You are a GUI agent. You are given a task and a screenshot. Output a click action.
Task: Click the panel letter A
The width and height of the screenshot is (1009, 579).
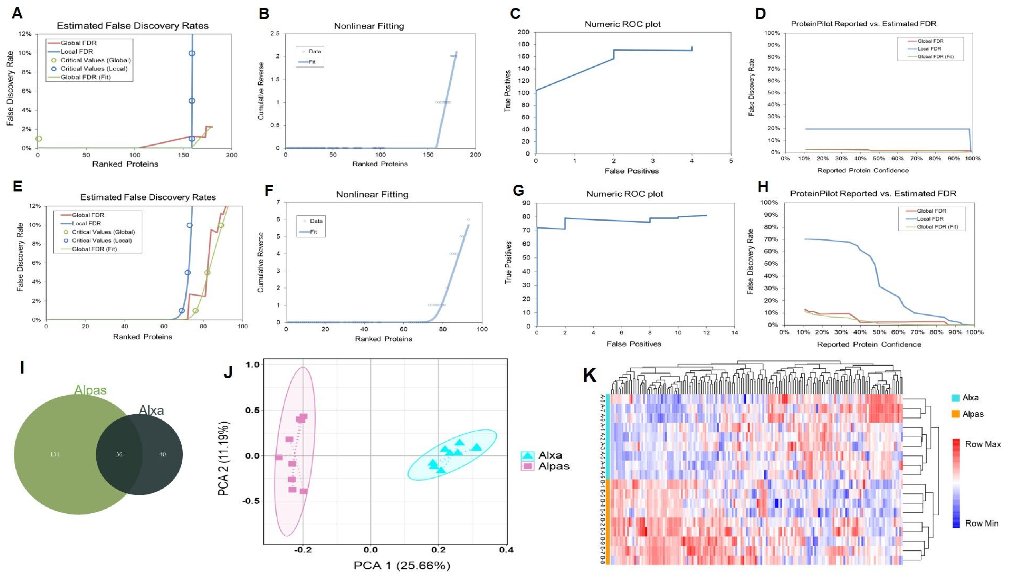(17, 13)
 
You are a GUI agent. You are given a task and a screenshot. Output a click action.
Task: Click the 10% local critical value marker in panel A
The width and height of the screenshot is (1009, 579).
(192, 53)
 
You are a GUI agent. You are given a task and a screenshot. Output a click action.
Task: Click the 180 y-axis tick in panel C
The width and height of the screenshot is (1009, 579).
(523, 44)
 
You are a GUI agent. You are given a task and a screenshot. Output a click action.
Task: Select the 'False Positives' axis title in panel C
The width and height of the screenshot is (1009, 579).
(631, 171)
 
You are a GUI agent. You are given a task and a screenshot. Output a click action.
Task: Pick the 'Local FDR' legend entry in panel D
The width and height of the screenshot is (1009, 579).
(929, 49)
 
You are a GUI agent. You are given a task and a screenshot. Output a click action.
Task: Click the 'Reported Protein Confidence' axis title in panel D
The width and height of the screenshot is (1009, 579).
(863, 170)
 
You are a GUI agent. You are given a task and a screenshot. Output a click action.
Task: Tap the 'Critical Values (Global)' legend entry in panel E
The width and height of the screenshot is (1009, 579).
(103, 232)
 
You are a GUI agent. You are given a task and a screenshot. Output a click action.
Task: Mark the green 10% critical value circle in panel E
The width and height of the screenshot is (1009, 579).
(221, 225)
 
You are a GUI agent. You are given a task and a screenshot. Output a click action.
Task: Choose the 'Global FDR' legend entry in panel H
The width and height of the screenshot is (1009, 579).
(931, 211)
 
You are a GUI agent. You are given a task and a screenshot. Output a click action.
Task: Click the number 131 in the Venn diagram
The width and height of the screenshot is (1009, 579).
(55, 454)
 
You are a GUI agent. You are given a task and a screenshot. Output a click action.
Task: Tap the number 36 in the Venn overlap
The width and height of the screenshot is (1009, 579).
(119, 454)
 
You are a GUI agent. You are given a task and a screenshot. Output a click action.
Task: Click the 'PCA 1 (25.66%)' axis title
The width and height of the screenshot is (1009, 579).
(402, 565)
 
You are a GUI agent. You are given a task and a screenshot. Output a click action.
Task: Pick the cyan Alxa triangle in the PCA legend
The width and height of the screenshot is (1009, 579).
(527, 456)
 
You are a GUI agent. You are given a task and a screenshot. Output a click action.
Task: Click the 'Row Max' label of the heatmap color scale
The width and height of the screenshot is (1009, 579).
(982, 444)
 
